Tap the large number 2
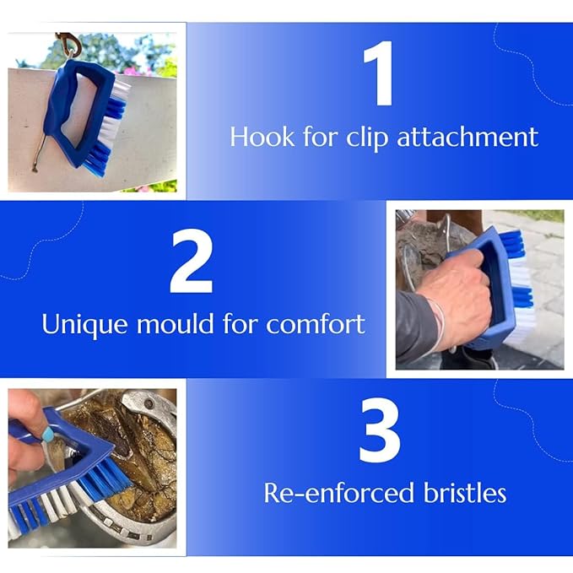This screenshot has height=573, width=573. (192, 261)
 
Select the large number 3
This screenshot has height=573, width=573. (380, 430)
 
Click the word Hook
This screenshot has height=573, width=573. (262, 137)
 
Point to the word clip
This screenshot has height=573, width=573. (367, 138)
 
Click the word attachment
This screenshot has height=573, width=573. (468, 137)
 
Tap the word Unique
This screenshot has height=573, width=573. (84, 325)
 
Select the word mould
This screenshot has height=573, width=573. (175, 323)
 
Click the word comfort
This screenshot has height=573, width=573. (316, 323)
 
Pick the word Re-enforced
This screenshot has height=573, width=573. (338, 492)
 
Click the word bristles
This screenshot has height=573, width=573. (465, 492)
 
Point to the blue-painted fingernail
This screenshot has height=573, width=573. (47, 435)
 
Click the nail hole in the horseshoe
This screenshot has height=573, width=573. (149, 404)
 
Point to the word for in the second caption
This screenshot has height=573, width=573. (240, 323)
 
